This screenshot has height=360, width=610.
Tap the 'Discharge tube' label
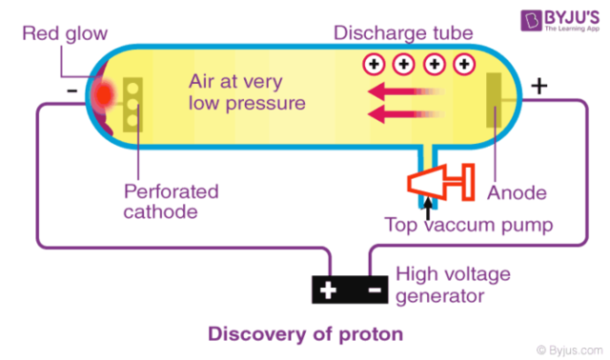pyautogui.click(x=403, y=33)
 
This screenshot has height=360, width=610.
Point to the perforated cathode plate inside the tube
pyautogui.click(x=132, y=103)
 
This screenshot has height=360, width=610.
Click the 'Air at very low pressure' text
pyautogui.click(x=246, y=91)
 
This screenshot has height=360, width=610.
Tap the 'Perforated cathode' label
pyautogui.click(x=171, y=201)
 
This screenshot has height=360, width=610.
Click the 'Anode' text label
pyautogui.click(x=517, y=192)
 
